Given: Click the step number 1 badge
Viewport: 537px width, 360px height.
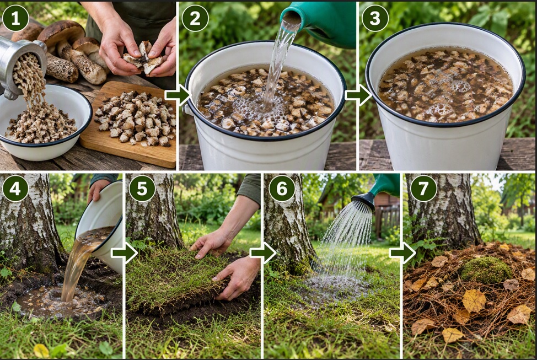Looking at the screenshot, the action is coord(15,18).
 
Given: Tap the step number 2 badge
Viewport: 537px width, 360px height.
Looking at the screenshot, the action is coord(195,18).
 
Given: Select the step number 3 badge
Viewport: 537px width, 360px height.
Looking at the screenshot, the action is coord(375,18).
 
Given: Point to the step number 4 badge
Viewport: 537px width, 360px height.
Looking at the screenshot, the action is coord(15,188).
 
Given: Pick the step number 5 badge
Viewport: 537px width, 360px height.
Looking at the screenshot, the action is coord(142,188).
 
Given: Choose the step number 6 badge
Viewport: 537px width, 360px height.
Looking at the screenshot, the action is coord(282,188).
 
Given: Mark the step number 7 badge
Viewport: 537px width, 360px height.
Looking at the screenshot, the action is coord(423,188).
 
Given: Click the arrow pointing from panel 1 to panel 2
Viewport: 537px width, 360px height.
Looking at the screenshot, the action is coord(177,95).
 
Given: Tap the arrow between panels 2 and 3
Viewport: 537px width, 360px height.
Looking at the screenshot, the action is coord(358,95).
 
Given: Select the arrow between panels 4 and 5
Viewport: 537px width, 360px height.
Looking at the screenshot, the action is coord(124,253).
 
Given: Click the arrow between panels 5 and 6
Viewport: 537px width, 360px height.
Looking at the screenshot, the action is coord(263,253).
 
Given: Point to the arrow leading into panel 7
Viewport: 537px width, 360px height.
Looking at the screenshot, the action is coord(402,253).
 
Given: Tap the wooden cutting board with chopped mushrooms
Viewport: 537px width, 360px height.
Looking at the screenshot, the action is coord(128,123).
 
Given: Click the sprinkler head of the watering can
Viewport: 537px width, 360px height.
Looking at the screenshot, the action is coord(363,202).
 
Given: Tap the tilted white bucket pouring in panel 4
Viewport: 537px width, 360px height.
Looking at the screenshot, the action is coord(103,223).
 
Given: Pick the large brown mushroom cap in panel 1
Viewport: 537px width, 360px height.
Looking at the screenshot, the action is coord(61,33).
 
